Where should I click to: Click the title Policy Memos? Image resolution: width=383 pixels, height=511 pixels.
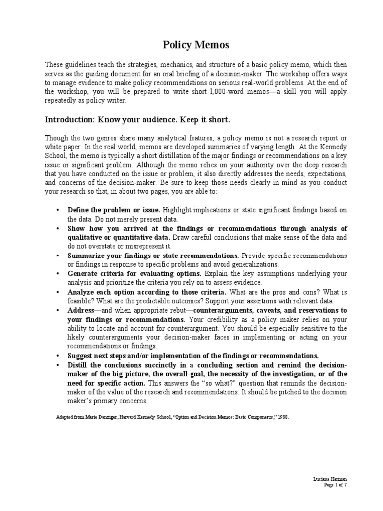pyautogui.click(x=196, y=45)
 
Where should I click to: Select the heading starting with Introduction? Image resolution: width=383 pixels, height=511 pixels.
pyautogui.click(x=138, y=120)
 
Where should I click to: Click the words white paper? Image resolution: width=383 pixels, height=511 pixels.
pyautogui.click(x=61, y=146)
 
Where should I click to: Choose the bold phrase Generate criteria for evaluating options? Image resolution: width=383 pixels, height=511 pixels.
pyautogui.click(x=135, y=273)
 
